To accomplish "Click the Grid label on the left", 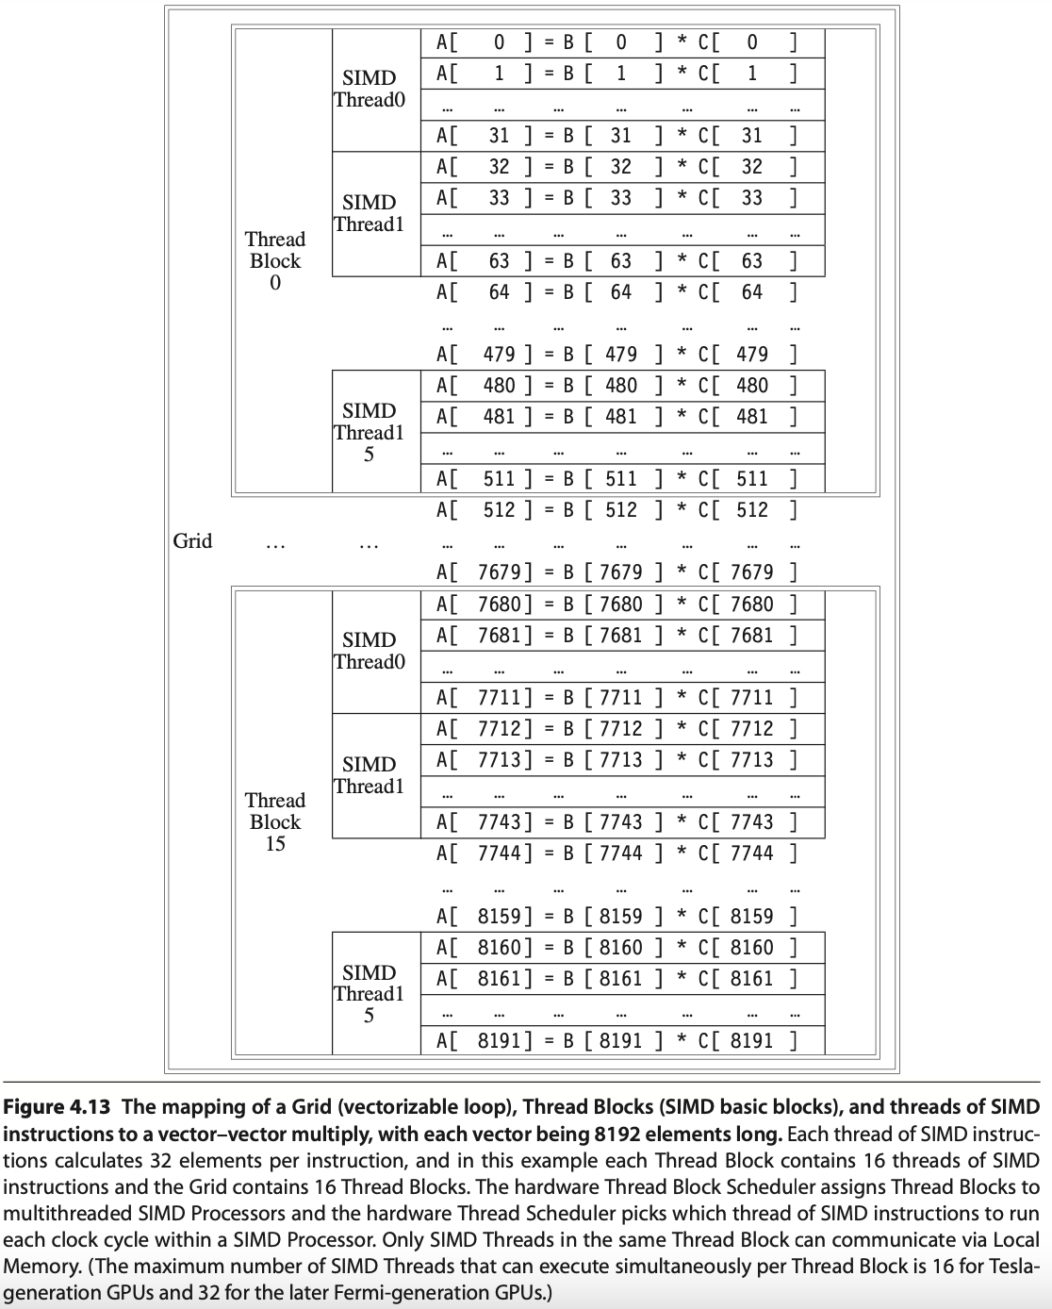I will (192, 541).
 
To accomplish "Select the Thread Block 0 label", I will (275, 261).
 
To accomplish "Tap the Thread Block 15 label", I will (275, 821).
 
